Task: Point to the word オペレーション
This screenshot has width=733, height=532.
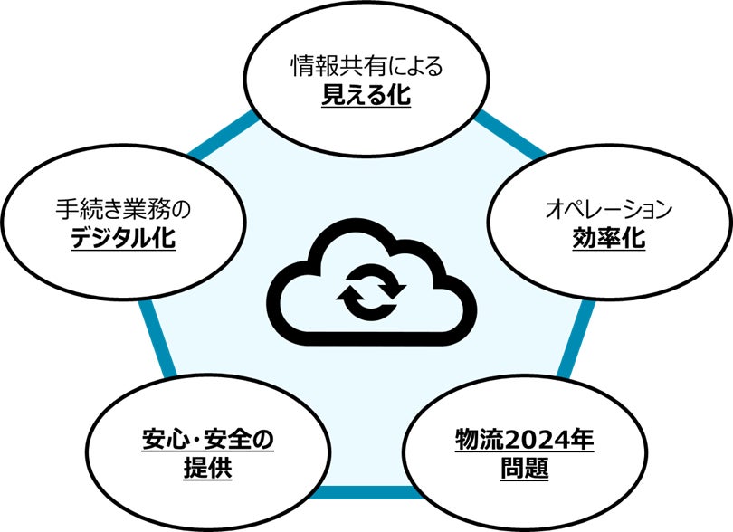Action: tap(608, 211)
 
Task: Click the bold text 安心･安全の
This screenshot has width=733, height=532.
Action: tap(207, 442)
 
